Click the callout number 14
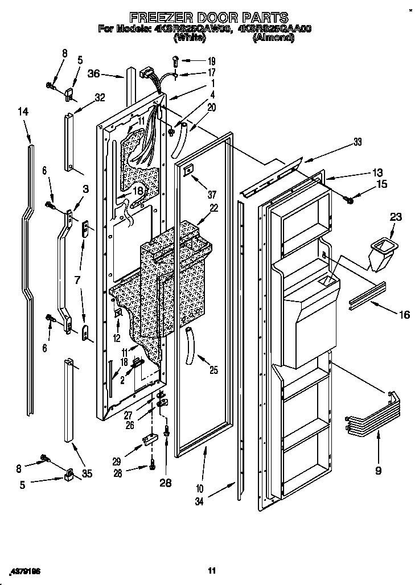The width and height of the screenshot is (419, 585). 23,113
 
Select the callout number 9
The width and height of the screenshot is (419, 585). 378,470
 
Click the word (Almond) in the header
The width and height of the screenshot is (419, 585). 274,39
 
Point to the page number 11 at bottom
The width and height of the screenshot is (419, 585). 211,570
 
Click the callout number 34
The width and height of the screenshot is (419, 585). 200,502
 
